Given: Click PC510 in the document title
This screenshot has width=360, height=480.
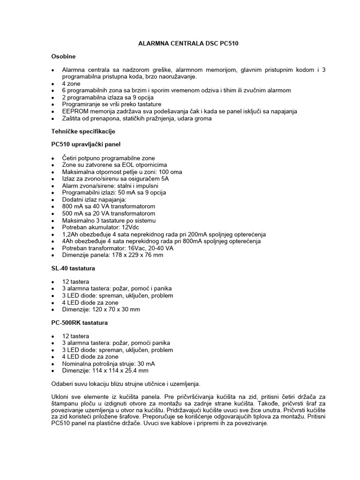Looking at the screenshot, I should (x=233, y=43).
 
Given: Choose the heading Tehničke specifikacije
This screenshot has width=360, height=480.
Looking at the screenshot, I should (x=83, y=131).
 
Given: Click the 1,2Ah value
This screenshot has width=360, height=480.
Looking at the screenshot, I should (x=72, y=234).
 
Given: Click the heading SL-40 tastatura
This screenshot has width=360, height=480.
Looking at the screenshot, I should (x=73, y=269).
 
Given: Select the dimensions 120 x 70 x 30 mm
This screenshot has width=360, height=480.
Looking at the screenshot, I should (x=116, y=309).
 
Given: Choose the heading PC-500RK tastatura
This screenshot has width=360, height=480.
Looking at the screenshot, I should (x=80, y=323).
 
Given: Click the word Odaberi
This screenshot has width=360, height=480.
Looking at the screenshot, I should (x=62, y=384).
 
